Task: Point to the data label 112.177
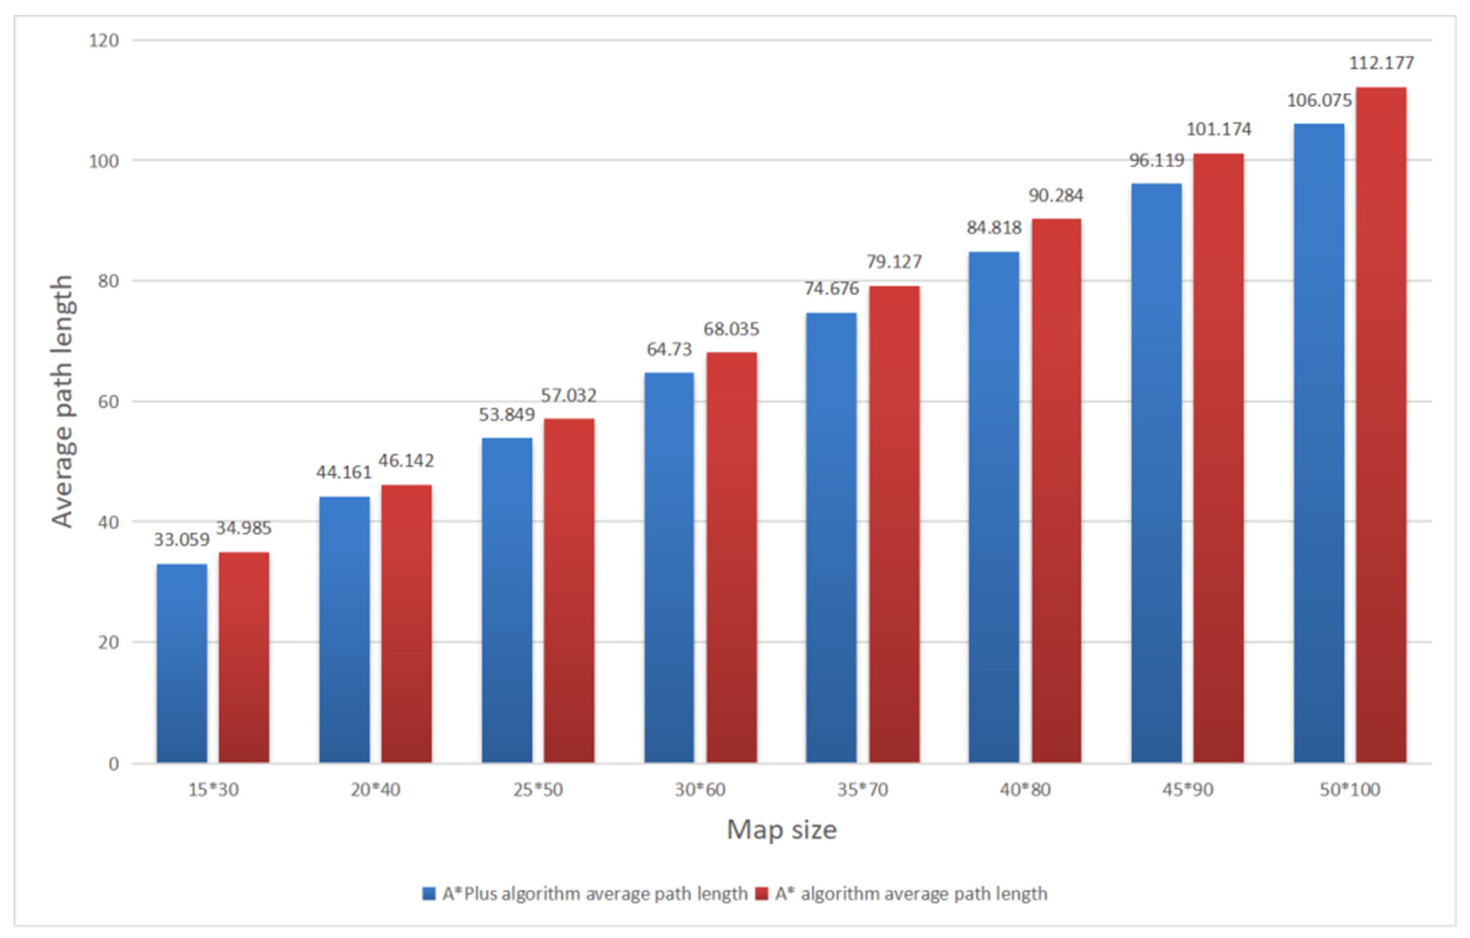click(x=1381, y=63)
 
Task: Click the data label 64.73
click(x=669, y=350)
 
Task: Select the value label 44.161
click(x=344, y=472)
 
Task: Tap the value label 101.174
click(x=1219, y=129)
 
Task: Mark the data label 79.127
click(x=894, y=262)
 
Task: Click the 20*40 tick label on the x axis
click(x=375, y=790)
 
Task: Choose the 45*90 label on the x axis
click(x=1187, y=790)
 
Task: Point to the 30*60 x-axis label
click(x=700, y=790)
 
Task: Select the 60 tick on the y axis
click(x=108, y=401)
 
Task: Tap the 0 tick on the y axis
click(x=113, y=763)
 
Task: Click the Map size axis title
click(x=781, y=830)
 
